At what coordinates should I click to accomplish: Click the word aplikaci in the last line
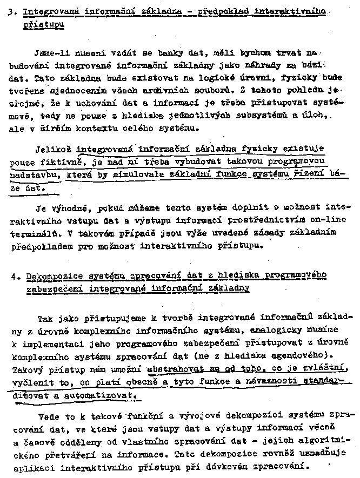point(29,465)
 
